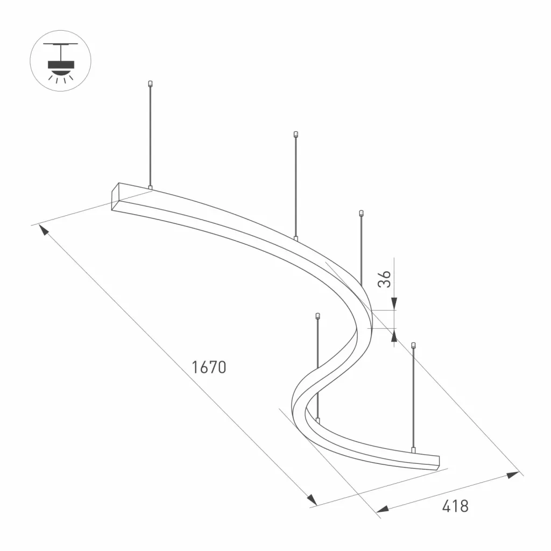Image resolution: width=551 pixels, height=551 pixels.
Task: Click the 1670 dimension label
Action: tap(209, 367)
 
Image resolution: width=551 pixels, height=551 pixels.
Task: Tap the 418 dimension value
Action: tap(455, 506)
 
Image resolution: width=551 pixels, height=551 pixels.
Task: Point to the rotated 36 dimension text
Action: tap(384, 279)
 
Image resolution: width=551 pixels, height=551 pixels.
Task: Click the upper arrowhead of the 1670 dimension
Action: tap(44, 230)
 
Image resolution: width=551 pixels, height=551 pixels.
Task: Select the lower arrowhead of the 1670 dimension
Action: tap(312, 500)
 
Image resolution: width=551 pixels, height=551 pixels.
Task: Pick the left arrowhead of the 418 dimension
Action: tap(383, 509)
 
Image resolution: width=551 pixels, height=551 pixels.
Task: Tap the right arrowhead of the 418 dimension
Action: tap(513, 475)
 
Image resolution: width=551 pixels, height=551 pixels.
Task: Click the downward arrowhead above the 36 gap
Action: tap(394, 303)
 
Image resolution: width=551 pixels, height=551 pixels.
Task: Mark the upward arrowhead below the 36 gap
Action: tap(394, 335)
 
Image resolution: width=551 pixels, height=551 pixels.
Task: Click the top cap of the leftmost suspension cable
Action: tap(151, 83)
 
